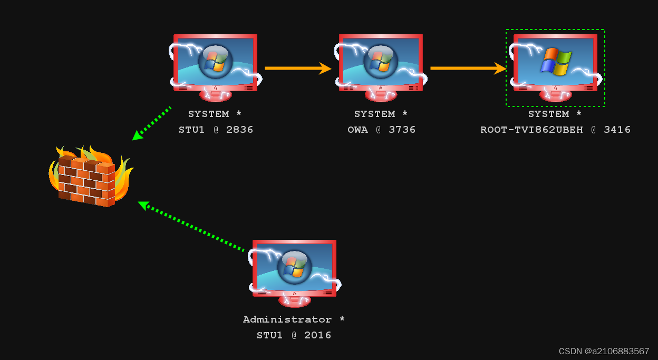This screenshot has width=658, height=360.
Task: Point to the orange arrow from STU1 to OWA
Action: click(x=298, y=68)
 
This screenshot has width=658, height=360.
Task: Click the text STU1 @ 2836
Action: click(x=216, y=130)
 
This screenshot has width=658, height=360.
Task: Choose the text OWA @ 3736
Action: click(x=381, y=130)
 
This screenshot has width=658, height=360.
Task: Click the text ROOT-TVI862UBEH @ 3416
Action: click(x=555, y=130)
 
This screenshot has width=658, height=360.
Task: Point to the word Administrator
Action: click(x=287, y=319)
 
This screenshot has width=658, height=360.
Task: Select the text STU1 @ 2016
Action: click(x=294, y=335)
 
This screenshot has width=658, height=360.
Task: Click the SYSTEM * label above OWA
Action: click(x=381, y=114)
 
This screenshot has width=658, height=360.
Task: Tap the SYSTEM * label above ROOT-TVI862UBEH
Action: click(x=555, y=114)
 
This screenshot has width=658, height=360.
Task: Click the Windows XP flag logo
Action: click(x=556, y=61)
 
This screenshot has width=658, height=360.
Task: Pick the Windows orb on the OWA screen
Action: click(x=381, y=61)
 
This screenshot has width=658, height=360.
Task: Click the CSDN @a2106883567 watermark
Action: click(x=604, y=351)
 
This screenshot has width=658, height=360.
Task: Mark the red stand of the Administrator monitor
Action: click(x=294, y=301)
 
